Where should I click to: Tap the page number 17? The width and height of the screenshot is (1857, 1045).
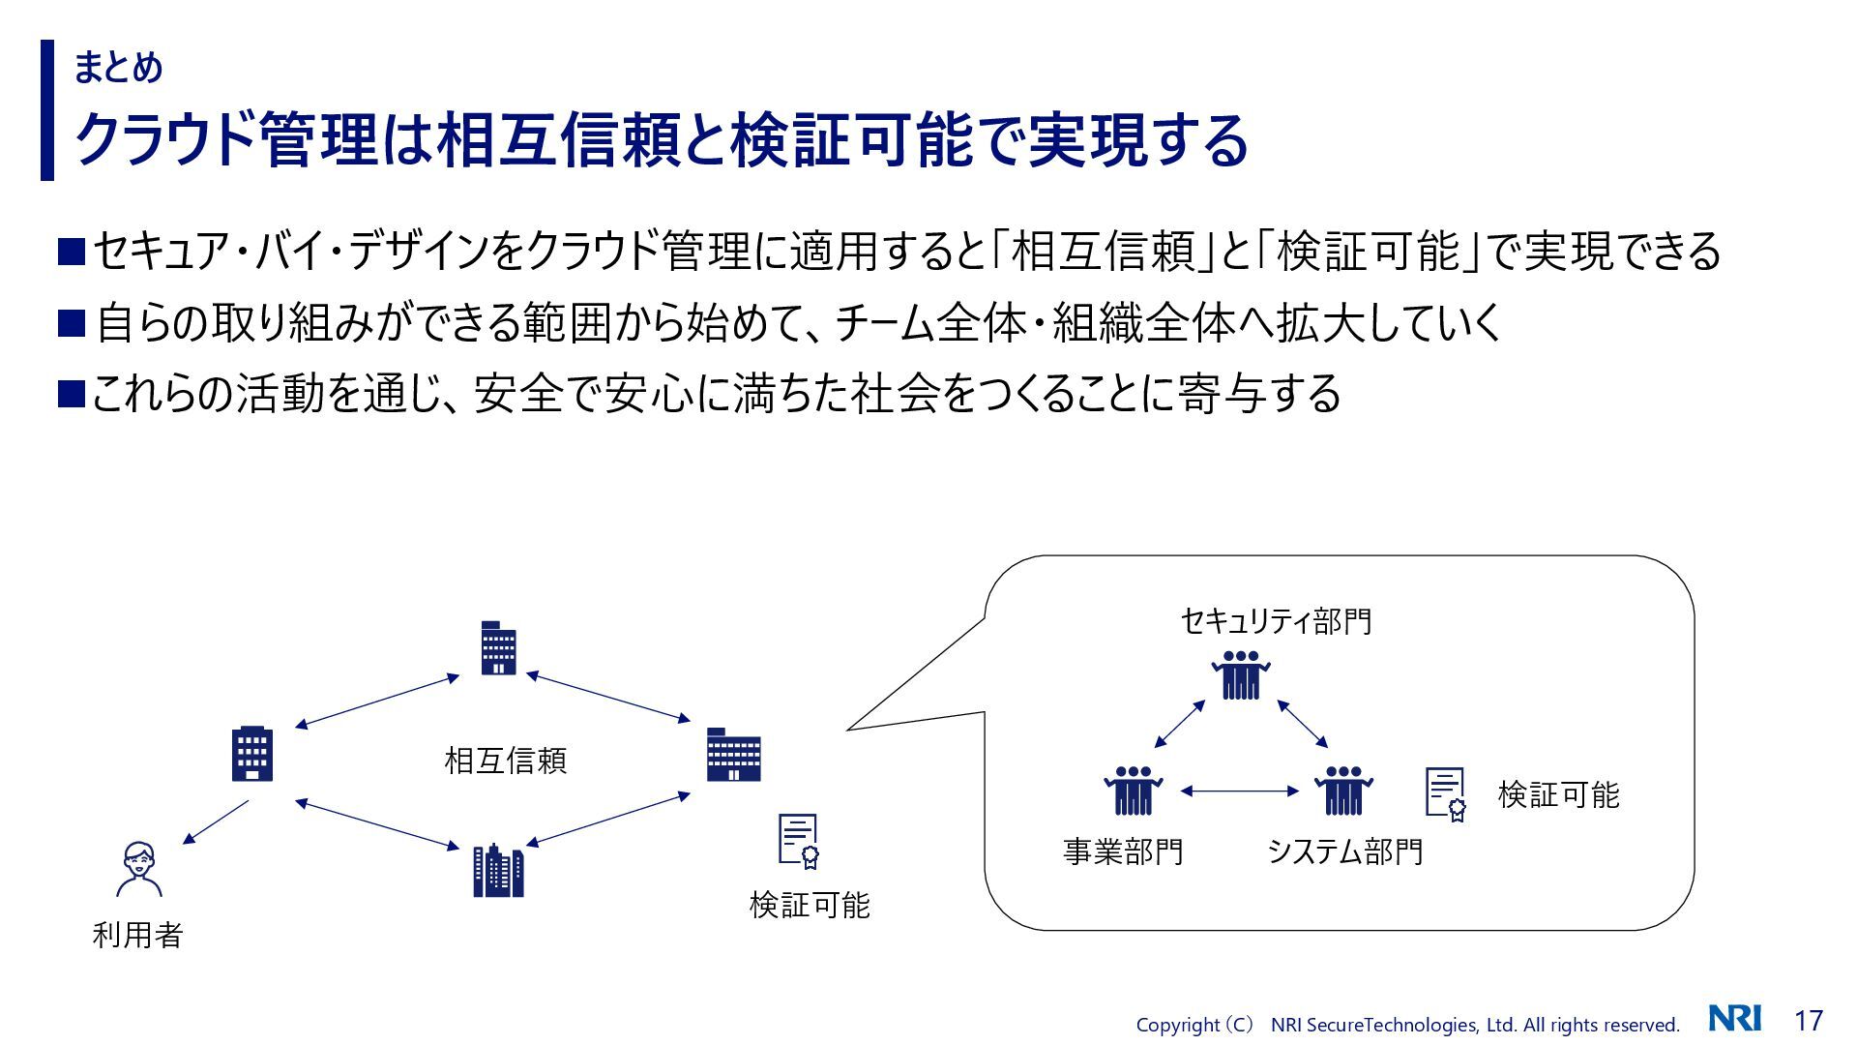(1809, 1020)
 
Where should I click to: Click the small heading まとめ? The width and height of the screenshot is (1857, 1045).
(118, 67)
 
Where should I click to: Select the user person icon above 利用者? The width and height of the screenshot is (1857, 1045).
(139, 869)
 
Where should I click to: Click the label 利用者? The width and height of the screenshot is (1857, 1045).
(137, 935)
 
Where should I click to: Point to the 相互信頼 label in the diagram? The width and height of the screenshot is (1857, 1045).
(505, 761)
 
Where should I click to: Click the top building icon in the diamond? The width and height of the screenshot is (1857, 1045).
(498, 647)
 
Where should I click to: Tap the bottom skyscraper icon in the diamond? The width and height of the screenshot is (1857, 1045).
(498, 870)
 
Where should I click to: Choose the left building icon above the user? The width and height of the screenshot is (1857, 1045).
(252, 754)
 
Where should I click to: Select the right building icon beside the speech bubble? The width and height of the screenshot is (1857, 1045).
(733, 755)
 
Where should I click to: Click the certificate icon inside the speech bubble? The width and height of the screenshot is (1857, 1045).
(1446, 794)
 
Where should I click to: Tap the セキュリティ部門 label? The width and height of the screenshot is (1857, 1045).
(1276, 621)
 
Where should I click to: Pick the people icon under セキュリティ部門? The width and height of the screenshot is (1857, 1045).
(1240, 674)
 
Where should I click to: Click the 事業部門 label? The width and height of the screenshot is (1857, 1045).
(1123, 851)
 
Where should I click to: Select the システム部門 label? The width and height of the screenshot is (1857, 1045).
(1344, 851)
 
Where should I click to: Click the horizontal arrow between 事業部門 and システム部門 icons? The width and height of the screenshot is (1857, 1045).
(1239, 791)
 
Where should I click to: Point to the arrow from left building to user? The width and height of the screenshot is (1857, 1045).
(216, 822)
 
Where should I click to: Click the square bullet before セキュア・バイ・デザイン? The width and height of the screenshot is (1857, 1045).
(73, 252)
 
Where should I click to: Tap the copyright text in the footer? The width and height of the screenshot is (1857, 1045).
(1407, 1025)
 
